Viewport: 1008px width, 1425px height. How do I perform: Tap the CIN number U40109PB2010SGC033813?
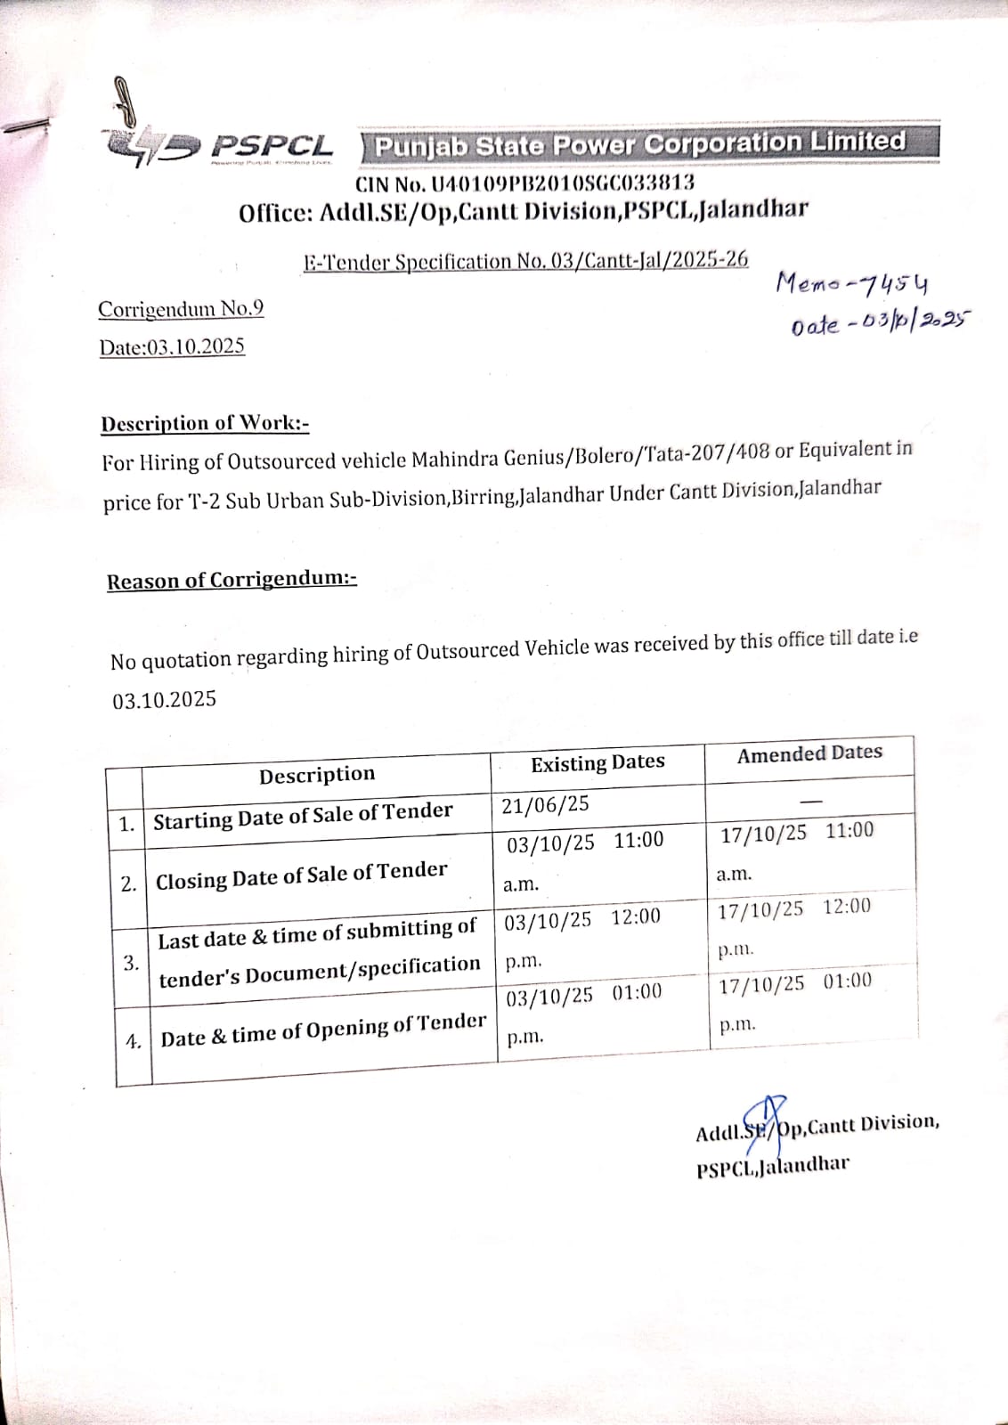click(524, 184)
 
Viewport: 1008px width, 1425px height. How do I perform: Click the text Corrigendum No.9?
click(181, 309)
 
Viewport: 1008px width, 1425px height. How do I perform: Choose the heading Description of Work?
click(205, 423)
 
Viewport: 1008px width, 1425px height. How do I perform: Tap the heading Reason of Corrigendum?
click(232, 581)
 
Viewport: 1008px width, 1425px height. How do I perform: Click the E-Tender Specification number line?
click(525, 261)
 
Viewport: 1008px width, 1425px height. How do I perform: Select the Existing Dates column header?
click(597, 763)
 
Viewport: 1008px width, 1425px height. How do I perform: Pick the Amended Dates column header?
click(809, 753)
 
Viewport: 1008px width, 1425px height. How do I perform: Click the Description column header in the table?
click(317, 775)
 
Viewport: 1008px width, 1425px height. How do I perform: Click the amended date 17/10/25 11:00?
click(797, 833)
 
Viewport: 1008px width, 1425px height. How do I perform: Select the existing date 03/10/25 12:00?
click(582, 919)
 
